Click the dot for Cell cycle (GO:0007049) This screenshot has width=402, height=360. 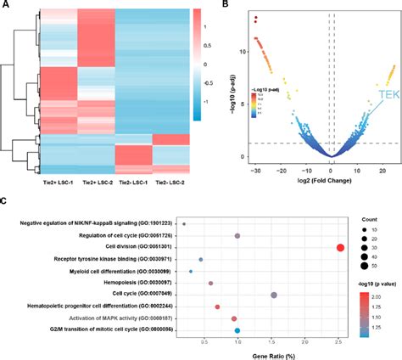tap(273, 295)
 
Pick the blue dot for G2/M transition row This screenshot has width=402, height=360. tap(237, 330)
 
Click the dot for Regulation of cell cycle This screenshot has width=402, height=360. tap(237, 235)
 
